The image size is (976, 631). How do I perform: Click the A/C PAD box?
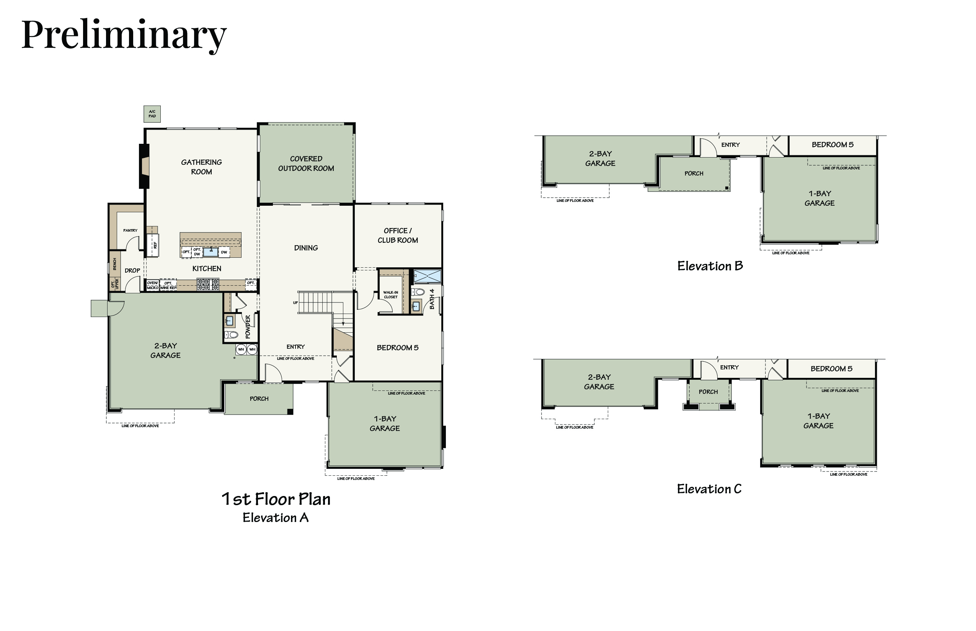pyautogui.click(x=152, y=114)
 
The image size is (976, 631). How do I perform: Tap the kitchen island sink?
pyautogui.click(x=211, y=252)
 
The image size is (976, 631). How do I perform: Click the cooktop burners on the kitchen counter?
pyautogui.click(x=208, y=285)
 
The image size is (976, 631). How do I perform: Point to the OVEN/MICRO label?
pyautogui.click(x=153, y=285)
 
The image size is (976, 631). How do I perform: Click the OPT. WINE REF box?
pyautogui.click(x=168, y=285)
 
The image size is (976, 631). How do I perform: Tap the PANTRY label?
pyautogui.click(x=131, y=230)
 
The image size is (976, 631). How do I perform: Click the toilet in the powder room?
pyautogui.click(x=232, y=335)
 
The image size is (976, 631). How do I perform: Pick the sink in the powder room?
pyautogui.click(x=230, y=320)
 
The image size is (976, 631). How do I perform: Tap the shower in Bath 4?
pyautogui.click(x=427, y=276)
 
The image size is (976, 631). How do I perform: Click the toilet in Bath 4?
pyautogui.click(x=418, y=292)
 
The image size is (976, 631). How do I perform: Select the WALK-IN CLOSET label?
pyautogui.click(x=391, y=294)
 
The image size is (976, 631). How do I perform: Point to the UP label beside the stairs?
pyautogui.click(x=295, y=303)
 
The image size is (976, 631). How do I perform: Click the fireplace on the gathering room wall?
pyautogui.click(x=144, y=166)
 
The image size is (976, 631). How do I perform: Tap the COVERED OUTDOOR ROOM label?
pyautogui.click(x=306, y=164)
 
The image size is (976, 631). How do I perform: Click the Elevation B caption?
pyautogui.click(x=710, y=266)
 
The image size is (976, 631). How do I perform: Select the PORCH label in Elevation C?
pyautogui.click(x=708, y=392)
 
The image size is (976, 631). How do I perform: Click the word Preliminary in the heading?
pyautogui.click(x=124, y=35)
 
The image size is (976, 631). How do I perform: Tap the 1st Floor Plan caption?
pyautogui.click(x=276, y=499)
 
